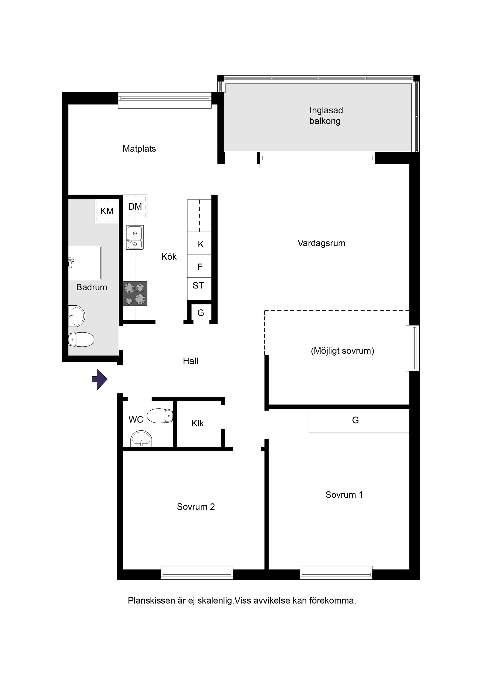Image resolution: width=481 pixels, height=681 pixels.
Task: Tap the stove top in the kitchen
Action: pos(135,294)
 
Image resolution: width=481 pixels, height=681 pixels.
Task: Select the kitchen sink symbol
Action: pos(135,237)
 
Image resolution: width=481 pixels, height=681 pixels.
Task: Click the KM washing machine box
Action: pos(107,211)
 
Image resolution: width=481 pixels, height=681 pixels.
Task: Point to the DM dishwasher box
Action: pos(135,207)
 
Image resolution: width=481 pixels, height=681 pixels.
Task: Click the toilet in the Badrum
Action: pos(81,339)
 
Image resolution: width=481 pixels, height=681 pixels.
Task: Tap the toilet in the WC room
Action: pos(160,415)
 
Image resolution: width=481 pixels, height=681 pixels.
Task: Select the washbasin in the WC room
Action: pos(141,439)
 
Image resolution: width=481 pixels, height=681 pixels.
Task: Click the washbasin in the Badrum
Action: pos(76,316)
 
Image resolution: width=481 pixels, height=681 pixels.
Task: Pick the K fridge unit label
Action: pos(201,244)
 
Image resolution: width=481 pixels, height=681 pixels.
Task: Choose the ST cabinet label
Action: pos(198,285)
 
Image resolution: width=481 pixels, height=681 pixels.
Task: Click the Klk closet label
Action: pos(197,423)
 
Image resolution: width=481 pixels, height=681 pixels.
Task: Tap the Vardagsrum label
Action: pos(322,243)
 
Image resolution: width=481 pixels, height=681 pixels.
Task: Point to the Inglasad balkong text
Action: pos(326,116)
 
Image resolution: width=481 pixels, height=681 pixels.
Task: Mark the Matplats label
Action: pos(139,149)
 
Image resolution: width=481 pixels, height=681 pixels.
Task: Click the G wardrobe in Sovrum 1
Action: pos(359,420)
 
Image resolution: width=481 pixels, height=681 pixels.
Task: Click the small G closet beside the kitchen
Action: pos(201,313)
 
